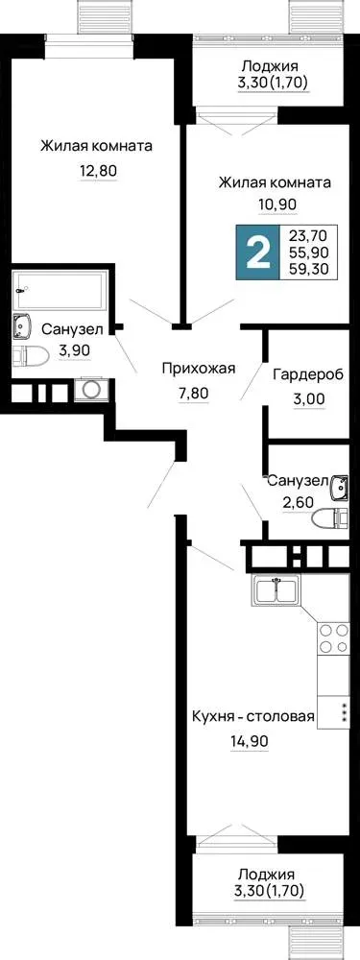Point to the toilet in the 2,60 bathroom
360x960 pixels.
click(x=329, y=519)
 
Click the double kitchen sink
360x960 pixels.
click(x=276, y=590)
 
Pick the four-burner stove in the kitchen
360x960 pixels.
click(x=332, y=637)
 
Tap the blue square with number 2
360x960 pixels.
click(x=257, y=252)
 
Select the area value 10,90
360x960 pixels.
click(x=276, y=205)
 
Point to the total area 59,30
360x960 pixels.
click(x=312, y=268)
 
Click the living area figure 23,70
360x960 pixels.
click(x=312, y=234)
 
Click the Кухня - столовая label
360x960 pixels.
click(x=253, y=717)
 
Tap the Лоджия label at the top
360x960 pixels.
click(x=270, y=66)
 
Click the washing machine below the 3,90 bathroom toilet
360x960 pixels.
click(x=92, y=390)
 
